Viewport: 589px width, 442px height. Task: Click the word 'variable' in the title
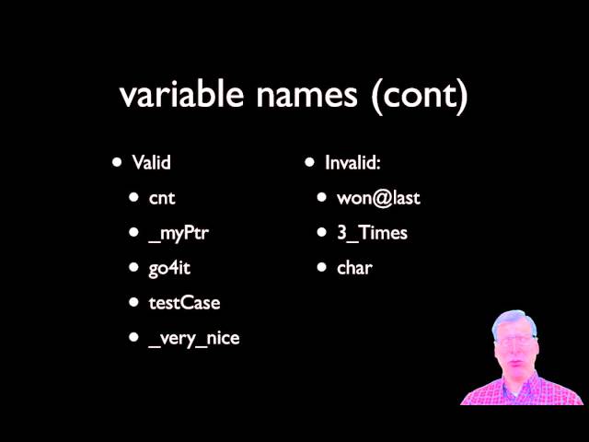tap(182, 94)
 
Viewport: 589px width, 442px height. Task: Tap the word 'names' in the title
tap(306, 95)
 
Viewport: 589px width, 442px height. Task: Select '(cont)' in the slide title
tap(420, 96)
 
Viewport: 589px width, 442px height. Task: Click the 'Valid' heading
tap(151, 162)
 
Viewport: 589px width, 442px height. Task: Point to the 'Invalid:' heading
tap(352, 162)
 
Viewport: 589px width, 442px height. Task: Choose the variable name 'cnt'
tap(162, 198)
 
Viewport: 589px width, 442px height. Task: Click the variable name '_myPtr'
tap(179, 234)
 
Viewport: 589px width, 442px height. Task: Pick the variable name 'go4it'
tap(169, 269)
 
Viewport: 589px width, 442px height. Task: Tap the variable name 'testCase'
tap(184, 303)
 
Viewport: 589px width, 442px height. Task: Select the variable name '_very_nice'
tap(194, 339)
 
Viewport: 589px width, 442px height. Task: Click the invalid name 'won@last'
tap(378, 198)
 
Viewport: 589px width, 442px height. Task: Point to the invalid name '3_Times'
tap(372, 233)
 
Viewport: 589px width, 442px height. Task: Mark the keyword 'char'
tap(354, 268)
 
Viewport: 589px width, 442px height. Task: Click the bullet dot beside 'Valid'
tap(117, 162)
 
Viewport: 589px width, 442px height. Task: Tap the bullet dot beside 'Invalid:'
tap(309, 162)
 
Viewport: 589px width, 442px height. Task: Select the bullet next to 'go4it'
tap(133, 267)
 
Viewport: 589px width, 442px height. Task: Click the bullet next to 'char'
tap(321, 267)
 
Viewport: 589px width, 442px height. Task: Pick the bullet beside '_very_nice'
tap(133, 337)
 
